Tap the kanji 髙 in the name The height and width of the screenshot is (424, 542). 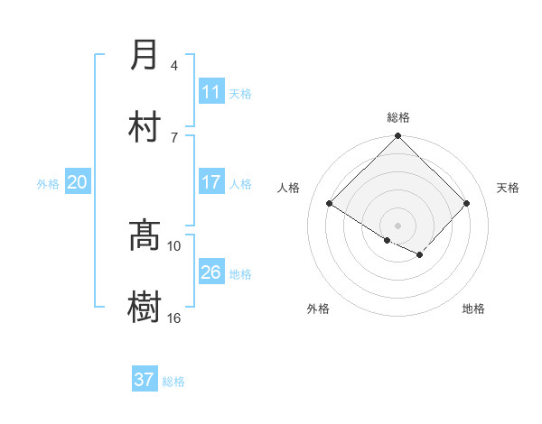click(145, 235)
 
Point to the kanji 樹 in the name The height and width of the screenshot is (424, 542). click(145, 307)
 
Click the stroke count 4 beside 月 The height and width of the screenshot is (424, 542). click(174, 65)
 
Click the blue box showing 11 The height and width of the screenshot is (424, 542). click(211, 92)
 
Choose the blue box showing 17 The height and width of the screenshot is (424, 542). click(211, 182)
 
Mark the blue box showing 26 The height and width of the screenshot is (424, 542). click(211, 272)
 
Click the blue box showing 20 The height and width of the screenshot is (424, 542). click(78, 182)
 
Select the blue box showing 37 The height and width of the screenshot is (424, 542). click(145, 380)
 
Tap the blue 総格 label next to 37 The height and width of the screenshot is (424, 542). click(174, 382)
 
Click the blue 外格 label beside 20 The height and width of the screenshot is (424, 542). click(48, 184)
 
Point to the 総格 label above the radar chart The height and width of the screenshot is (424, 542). click(398, 117)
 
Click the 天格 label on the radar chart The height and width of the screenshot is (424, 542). click(509, 188)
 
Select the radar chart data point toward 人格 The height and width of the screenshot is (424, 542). click(330, 204)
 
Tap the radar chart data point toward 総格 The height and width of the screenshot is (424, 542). click(398, 137)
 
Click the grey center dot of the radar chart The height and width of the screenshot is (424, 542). click(398, 225)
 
